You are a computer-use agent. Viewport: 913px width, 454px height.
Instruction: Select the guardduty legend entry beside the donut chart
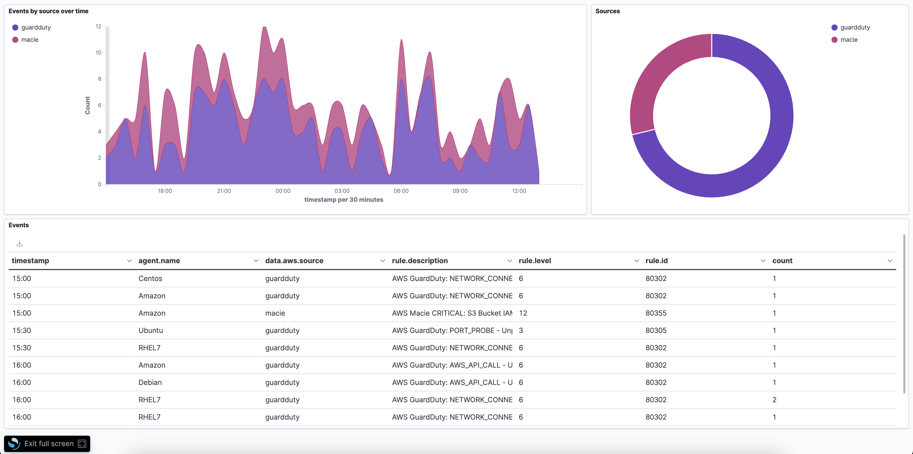(854, 27)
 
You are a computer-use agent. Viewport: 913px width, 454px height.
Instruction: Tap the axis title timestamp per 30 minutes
(343, 199)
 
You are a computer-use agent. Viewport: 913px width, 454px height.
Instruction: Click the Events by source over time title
(49, 11)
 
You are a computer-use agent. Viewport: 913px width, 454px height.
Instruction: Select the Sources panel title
(608, 11)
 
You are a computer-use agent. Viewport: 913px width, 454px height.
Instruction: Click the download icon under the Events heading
(20, 244)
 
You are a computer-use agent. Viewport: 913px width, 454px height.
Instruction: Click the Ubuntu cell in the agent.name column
(151, 330)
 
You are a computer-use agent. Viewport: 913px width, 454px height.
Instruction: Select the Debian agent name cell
(150, 382)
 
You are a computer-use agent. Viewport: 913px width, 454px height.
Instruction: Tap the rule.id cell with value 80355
(656, 313)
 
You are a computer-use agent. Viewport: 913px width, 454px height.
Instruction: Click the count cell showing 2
(774, 400)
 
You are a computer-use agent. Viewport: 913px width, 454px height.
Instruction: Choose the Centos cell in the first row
(150, 278)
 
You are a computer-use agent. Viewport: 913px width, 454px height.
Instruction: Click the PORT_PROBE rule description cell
(452, 330)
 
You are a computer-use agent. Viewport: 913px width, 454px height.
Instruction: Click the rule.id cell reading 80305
(656, 330)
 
